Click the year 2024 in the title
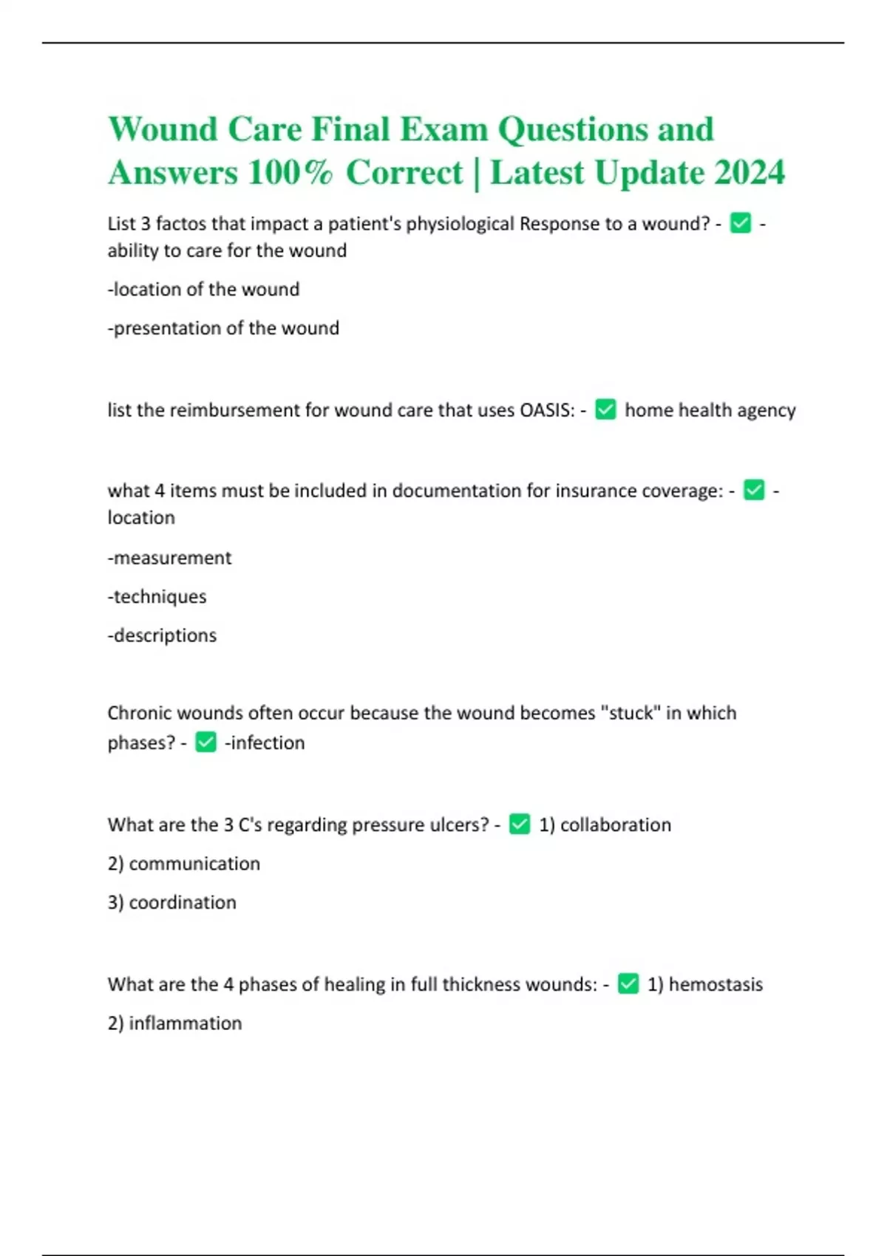pos(749,173)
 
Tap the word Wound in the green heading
pos(163,129)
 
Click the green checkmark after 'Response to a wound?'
pos(740,223)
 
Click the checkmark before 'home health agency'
pos(605,409)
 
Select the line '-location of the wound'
pos(203,289)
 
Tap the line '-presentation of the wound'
pos(223,328)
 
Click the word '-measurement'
pos(169,558)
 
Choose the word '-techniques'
pos(157,596)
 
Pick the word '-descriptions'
pos(162,635)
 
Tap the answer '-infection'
pos(265,743)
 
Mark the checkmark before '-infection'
pos(205,742)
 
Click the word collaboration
pos(615,825)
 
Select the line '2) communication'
pos(183,864)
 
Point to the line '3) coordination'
pos(171,902)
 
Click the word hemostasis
pos(715,984)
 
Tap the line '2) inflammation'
pos(174,1023)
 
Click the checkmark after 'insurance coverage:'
pos(754,490)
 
